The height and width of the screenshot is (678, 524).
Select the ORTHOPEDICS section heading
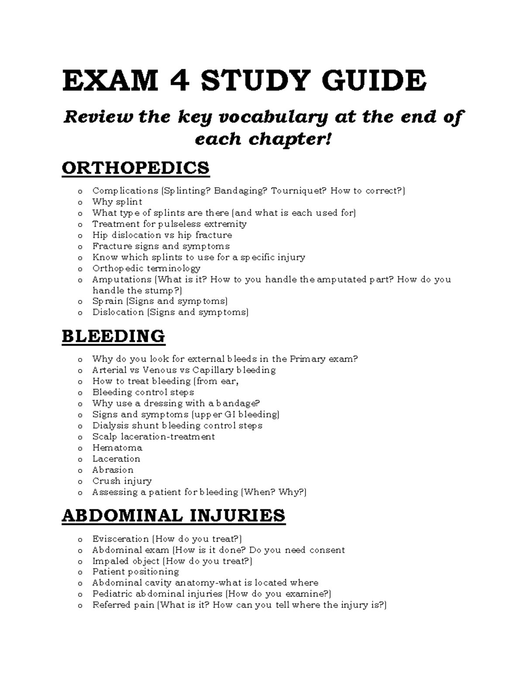(x=136, y=168)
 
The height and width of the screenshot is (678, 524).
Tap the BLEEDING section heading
(x=114, y=336)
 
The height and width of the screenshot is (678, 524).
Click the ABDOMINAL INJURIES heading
(x=173, y=516)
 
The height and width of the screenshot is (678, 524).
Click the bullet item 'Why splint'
(x=117, y=202)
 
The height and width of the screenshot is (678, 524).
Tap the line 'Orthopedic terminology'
(x=146, y=268)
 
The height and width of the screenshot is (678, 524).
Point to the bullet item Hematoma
(x=117, y=448)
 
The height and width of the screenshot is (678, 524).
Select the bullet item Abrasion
(x=113, y=470)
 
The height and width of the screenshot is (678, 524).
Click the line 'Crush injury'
(x=122, y=481)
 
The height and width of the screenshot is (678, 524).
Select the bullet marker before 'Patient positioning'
(x=79, y=572)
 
